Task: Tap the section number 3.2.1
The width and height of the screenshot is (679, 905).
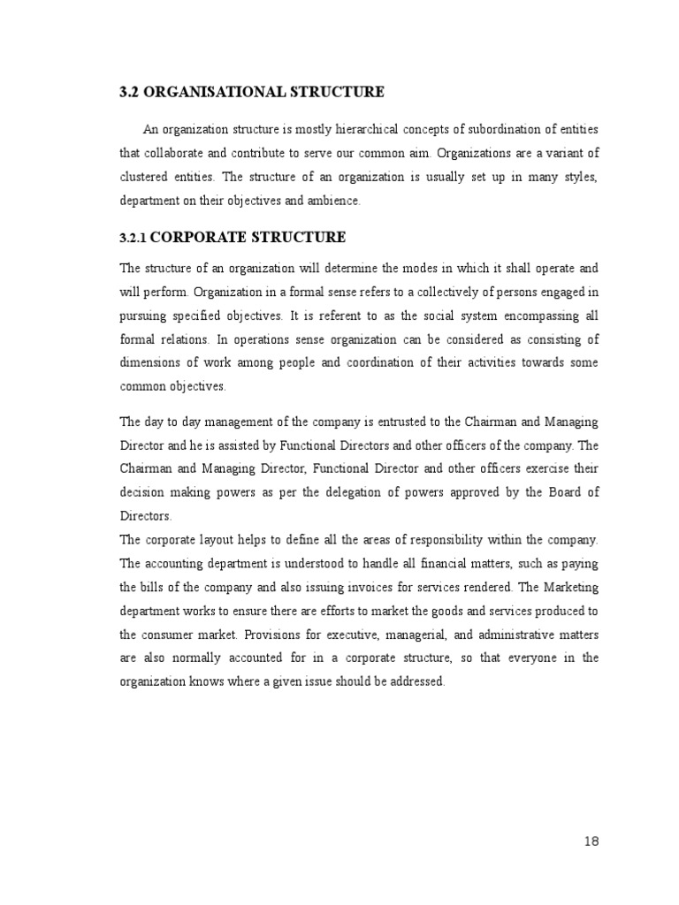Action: pos(134,239)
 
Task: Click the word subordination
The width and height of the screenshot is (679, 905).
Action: pos(488,130)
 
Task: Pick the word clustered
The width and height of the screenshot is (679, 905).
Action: pos(146,177)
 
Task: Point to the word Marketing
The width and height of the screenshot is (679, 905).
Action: pos(571,587)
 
